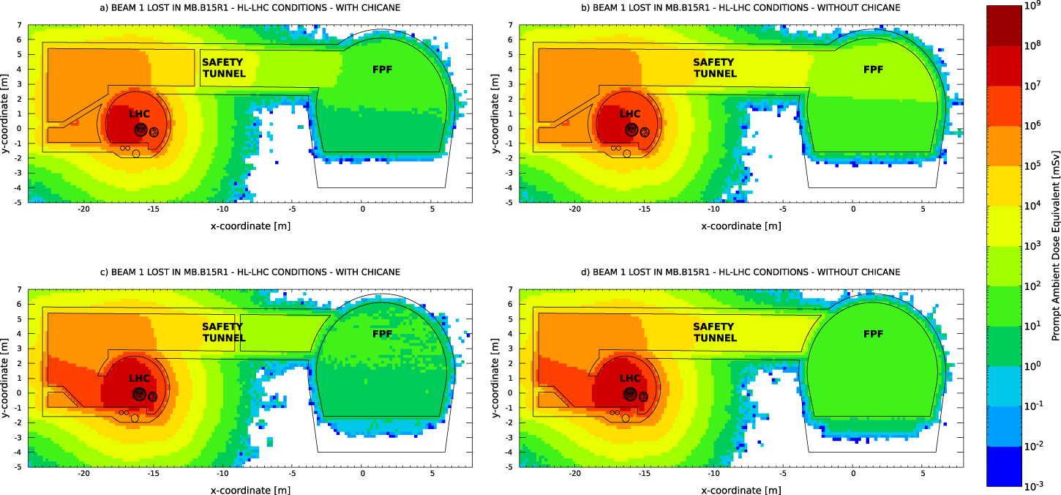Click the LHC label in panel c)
coord(140,379)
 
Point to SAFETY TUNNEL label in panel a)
coord(222,68)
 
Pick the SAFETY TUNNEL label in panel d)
coord(714,332)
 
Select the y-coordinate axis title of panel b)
coord(495,113)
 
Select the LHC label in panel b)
coord(630,114)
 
